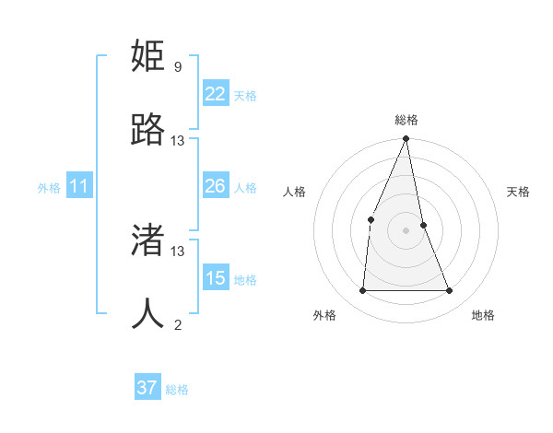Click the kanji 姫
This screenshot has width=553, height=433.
coord(147,56)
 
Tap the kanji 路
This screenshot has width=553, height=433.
coord(147,130)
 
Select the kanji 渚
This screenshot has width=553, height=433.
coord(147,240)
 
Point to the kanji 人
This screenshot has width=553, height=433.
coord(147,314)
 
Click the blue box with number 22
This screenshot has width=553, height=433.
coord(215,94)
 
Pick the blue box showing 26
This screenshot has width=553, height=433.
coord(215,186)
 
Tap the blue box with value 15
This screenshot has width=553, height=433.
coord(215,278)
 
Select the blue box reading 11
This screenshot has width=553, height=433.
coord(78,186)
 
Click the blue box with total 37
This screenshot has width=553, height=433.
coord(147,388)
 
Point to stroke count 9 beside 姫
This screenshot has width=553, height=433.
coord(178,67)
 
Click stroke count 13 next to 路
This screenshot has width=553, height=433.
coord(178,141)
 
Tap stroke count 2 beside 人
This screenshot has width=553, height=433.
coord(178,324)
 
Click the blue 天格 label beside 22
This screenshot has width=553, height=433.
coord(245,95)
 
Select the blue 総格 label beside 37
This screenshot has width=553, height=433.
coord(177,390)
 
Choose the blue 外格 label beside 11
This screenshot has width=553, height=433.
coord(49,188)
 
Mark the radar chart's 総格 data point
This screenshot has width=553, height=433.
coord(406,139)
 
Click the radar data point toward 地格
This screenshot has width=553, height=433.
coord(450,291)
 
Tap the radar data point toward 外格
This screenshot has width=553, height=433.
coord(362,291)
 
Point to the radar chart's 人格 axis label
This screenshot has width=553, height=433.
coord(294,192)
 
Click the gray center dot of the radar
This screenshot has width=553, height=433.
coord(406,230)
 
